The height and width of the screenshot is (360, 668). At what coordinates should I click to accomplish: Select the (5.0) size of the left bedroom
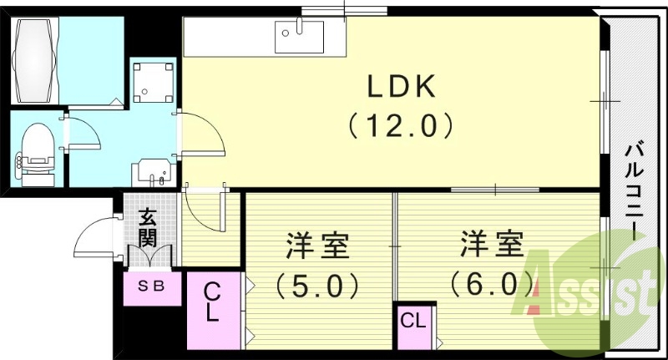pyautogui.click(x=317, y=286)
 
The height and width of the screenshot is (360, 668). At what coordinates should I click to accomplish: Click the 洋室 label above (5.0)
pyautogui.click(x=317, y=247)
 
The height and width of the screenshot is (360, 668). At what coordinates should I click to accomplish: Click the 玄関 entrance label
pyautogui.click(x=148, y=226)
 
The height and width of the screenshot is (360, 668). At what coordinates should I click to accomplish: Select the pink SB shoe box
pyautogui.click(x=151, y=286)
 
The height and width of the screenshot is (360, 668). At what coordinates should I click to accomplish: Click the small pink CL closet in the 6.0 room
pyautogui.click(x=414, y=321)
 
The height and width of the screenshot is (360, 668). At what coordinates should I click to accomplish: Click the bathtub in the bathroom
pyautogui.click(x=34, y=51)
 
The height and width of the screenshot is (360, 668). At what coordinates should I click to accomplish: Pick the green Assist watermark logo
pyautogui.click(x=593, y=288)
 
